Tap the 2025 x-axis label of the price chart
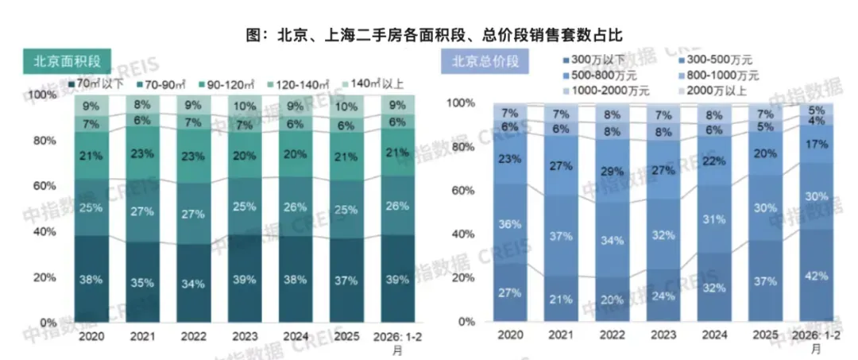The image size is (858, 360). pos(765,335)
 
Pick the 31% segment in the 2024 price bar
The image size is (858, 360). pos(714,219)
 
